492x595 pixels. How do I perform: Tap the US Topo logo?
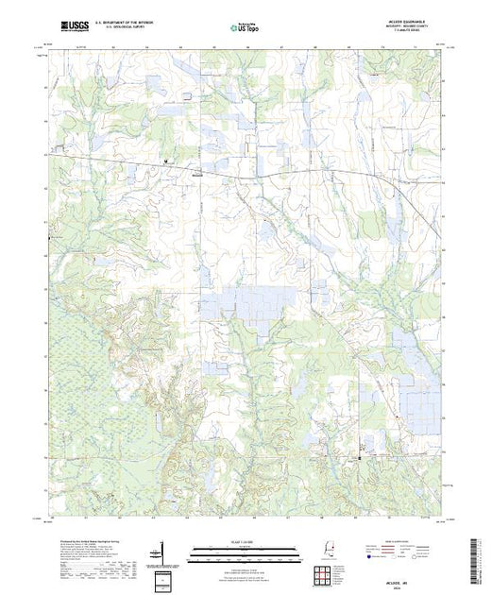tap(245, 27)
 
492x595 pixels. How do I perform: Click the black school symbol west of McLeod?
tap(167, 162)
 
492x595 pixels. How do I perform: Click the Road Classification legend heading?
tap(403, 540)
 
